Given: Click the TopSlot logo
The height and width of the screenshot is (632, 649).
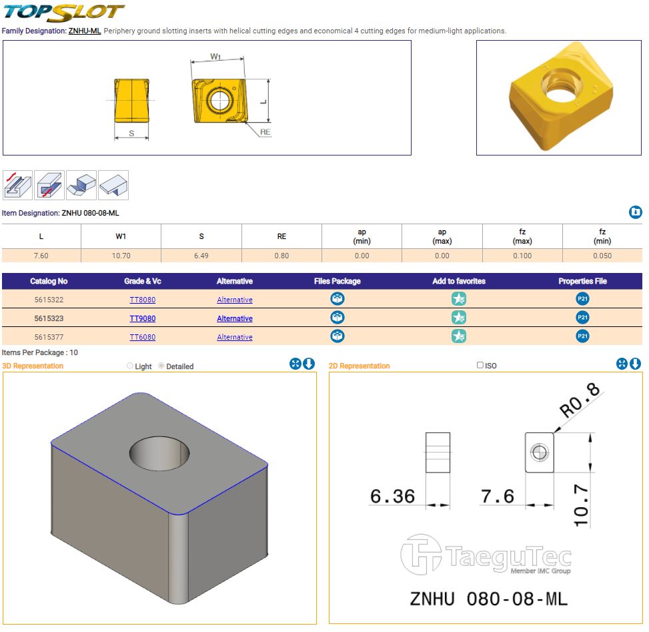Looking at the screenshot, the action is pos(64,13).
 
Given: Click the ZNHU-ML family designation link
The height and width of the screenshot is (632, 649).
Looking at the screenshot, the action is pos(85,31).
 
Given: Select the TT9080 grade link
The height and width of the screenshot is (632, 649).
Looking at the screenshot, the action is pos(142,318).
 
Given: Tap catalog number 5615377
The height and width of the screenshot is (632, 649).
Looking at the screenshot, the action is pos(49,337).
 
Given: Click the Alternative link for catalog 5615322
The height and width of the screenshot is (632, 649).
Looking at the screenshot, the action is pos(235,300).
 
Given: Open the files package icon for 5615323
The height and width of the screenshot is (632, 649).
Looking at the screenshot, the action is pos(338,318).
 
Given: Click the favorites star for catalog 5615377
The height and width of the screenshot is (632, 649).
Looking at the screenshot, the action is pos(459,336).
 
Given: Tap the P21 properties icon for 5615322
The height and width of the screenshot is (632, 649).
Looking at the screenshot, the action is pos(582,299).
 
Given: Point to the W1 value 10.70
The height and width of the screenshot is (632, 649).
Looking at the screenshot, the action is pos(121,256).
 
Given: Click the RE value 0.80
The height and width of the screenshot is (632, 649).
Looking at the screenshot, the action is pos(281,256).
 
